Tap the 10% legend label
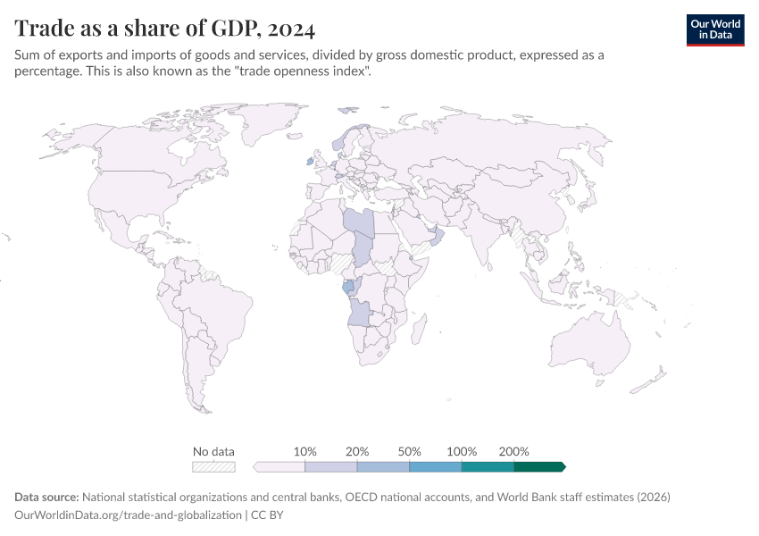(x=305, y=451)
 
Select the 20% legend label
(x=357, y=451)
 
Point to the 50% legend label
(x=409, y=451)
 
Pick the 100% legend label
(x=462, y=451)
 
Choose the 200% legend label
(x=514, y=451)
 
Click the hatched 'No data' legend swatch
(x=213, y=466)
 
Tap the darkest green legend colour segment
(x=539, y=466)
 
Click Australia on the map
(x=588, y=344)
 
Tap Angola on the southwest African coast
(x=360, y=313)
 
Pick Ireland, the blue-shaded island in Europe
(x=310, y=162)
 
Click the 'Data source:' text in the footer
(x=46, y=497)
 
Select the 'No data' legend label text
(x=213, y=451)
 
